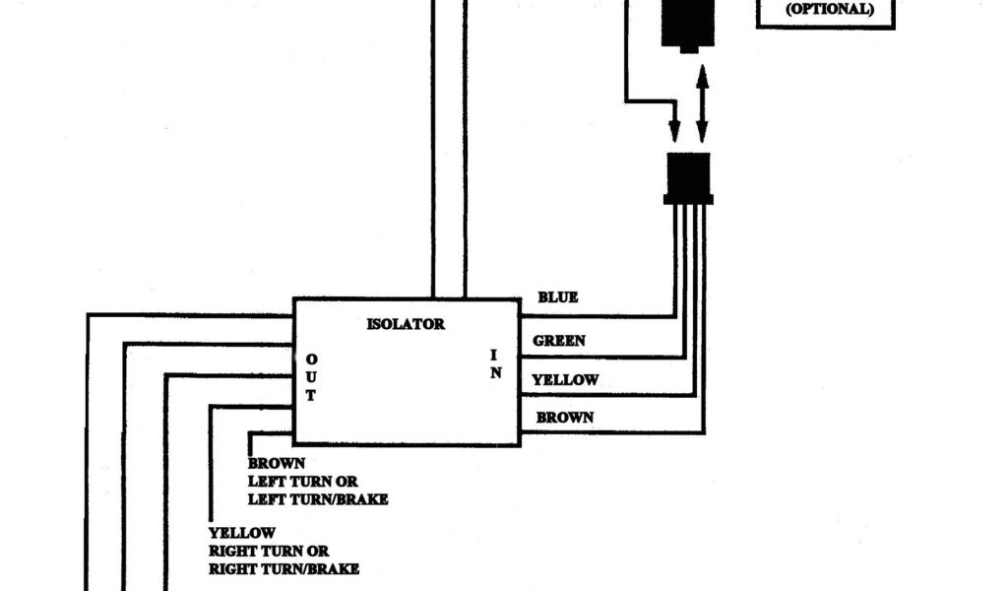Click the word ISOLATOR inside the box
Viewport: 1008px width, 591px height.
[405, 323]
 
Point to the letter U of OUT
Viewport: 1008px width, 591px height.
[310, 377]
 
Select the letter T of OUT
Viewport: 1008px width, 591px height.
[310, 396]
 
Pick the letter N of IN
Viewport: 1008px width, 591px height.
[496, 373]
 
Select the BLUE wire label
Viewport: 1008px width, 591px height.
[557, 296]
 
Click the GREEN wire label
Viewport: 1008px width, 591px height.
[559, 341]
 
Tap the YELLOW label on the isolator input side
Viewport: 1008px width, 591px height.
[565, 379]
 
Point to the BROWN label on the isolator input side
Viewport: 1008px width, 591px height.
[565, 418]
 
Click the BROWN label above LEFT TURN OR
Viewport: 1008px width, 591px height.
[277, 463]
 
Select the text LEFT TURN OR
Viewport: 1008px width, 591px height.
[302, 482]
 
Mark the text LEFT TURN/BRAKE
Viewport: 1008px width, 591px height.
[318, 499]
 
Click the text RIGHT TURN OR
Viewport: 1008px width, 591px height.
[268, 551]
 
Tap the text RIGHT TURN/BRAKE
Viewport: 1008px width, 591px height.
[283, 568]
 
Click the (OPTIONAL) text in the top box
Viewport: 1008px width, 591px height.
[828, 10]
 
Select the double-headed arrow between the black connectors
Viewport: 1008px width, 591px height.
[702, 104]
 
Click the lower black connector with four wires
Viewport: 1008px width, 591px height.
[689, 176]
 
